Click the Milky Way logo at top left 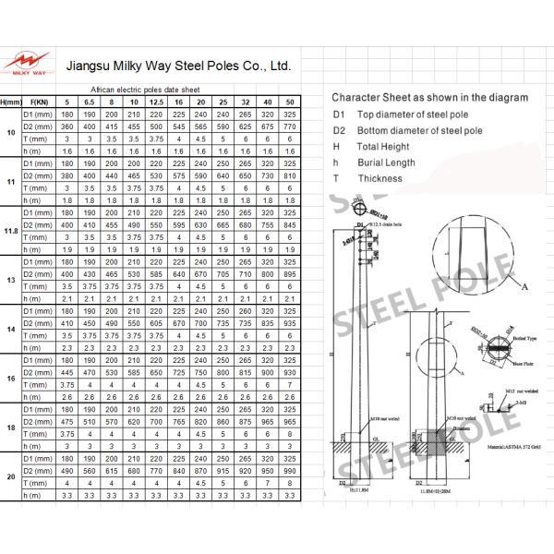tap(27, 59)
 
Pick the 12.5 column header tap(157, 101)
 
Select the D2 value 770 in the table tap(291, 126)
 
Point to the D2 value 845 tap(291, 224)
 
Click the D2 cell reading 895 tap(291, 273)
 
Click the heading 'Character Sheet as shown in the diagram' tap(430, 97)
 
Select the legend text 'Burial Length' tap(388, 163)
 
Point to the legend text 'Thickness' tap(380, 178)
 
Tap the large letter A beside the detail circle tap(525, 288)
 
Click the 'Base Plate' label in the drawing tap(499, 364)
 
